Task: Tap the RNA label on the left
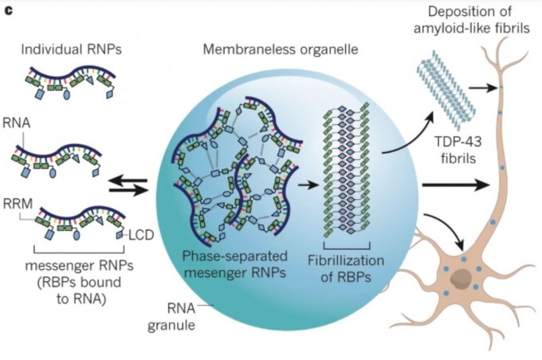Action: click(x=22, y=127)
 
